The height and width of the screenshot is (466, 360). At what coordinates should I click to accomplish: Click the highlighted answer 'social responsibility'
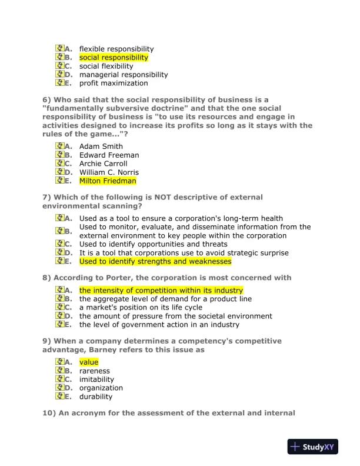(114, 58)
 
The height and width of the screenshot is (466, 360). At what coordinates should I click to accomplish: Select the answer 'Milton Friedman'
(108, 181)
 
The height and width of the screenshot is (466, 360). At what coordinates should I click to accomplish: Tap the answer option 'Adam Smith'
(101, 147)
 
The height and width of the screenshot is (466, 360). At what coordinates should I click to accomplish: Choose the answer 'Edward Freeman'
(109, 155)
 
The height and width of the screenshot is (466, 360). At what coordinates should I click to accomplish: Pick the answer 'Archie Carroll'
(103, 164)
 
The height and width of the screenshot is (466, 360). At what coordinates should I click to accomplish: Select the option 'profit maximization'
(114, 83)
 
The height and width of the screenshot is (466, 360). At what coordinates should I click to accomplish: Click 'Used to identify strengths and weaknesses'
(155, 261)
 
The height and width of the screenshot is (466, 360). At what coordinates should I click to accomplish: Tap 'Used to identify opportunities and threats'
(153, 244)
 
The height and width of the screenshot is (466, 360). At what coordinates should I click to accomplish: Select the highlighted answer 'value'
(89, 362)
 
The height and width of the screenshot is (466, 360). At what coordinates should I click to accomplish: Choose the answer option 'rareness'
(94, 371)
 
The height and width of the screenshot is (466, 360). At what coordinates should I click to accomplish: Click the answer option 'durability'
(96, 397)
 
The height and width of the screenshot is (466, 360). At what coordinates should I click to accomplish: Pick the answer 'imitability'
(96, 380)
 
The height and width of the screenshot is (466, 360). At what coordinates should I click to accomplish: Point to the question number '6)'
(46, 100)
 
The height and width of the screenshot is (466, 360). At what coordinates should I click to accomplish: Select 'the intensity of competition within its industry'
(161, 291)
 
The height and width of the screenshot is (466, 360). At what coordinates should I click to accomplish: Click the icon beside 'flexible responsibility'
(59, 49)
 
